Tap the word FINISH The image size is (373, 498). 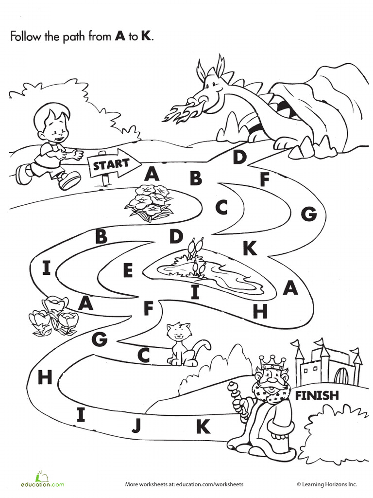click(x=317, y=395)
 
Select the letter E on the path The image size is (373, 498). click(x=128, y=270)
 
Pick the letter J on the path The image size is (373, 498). click(x=136, y=426)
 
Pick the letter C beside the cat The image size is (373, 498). click(x=144, y=356)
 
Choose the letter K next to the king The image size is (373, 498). click(x=203, y=427)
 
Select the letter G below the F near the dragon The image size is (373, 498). click(x=308, y=213)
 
